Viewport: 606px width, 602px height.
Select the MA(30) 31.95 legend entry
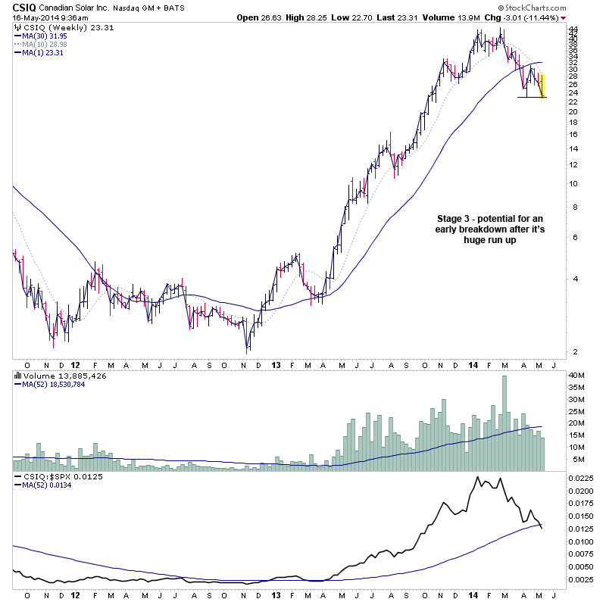click(x=45, y=36)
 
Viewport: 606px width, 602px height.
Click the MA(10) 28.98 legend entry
click(x=45, y=45)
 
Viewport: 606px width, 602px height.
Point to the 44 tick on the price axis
click(x=573, y=29)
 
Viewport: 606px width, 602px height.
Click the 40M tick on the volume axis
click(x=577, y=376)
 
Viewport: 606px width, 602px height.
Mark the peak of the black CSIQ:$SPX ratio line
click(x=478, y=477)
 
